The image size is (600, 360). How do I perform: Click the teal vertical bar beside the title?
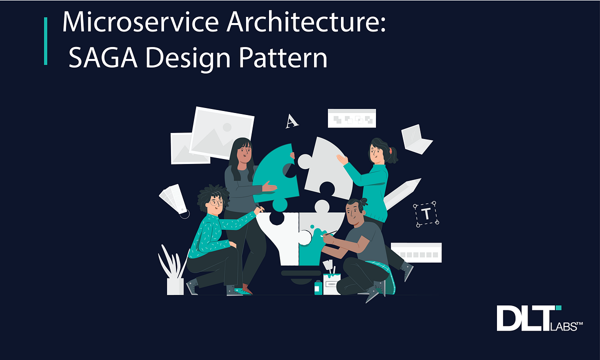(x=46, y=41)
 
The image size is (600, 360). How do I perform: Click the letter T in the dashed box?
(x=425, y=214)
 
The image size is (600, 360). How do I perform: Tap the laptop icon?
(x=416, y=138)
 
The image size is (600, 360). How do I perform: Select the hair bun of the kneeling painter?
(x=363, y=201)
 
